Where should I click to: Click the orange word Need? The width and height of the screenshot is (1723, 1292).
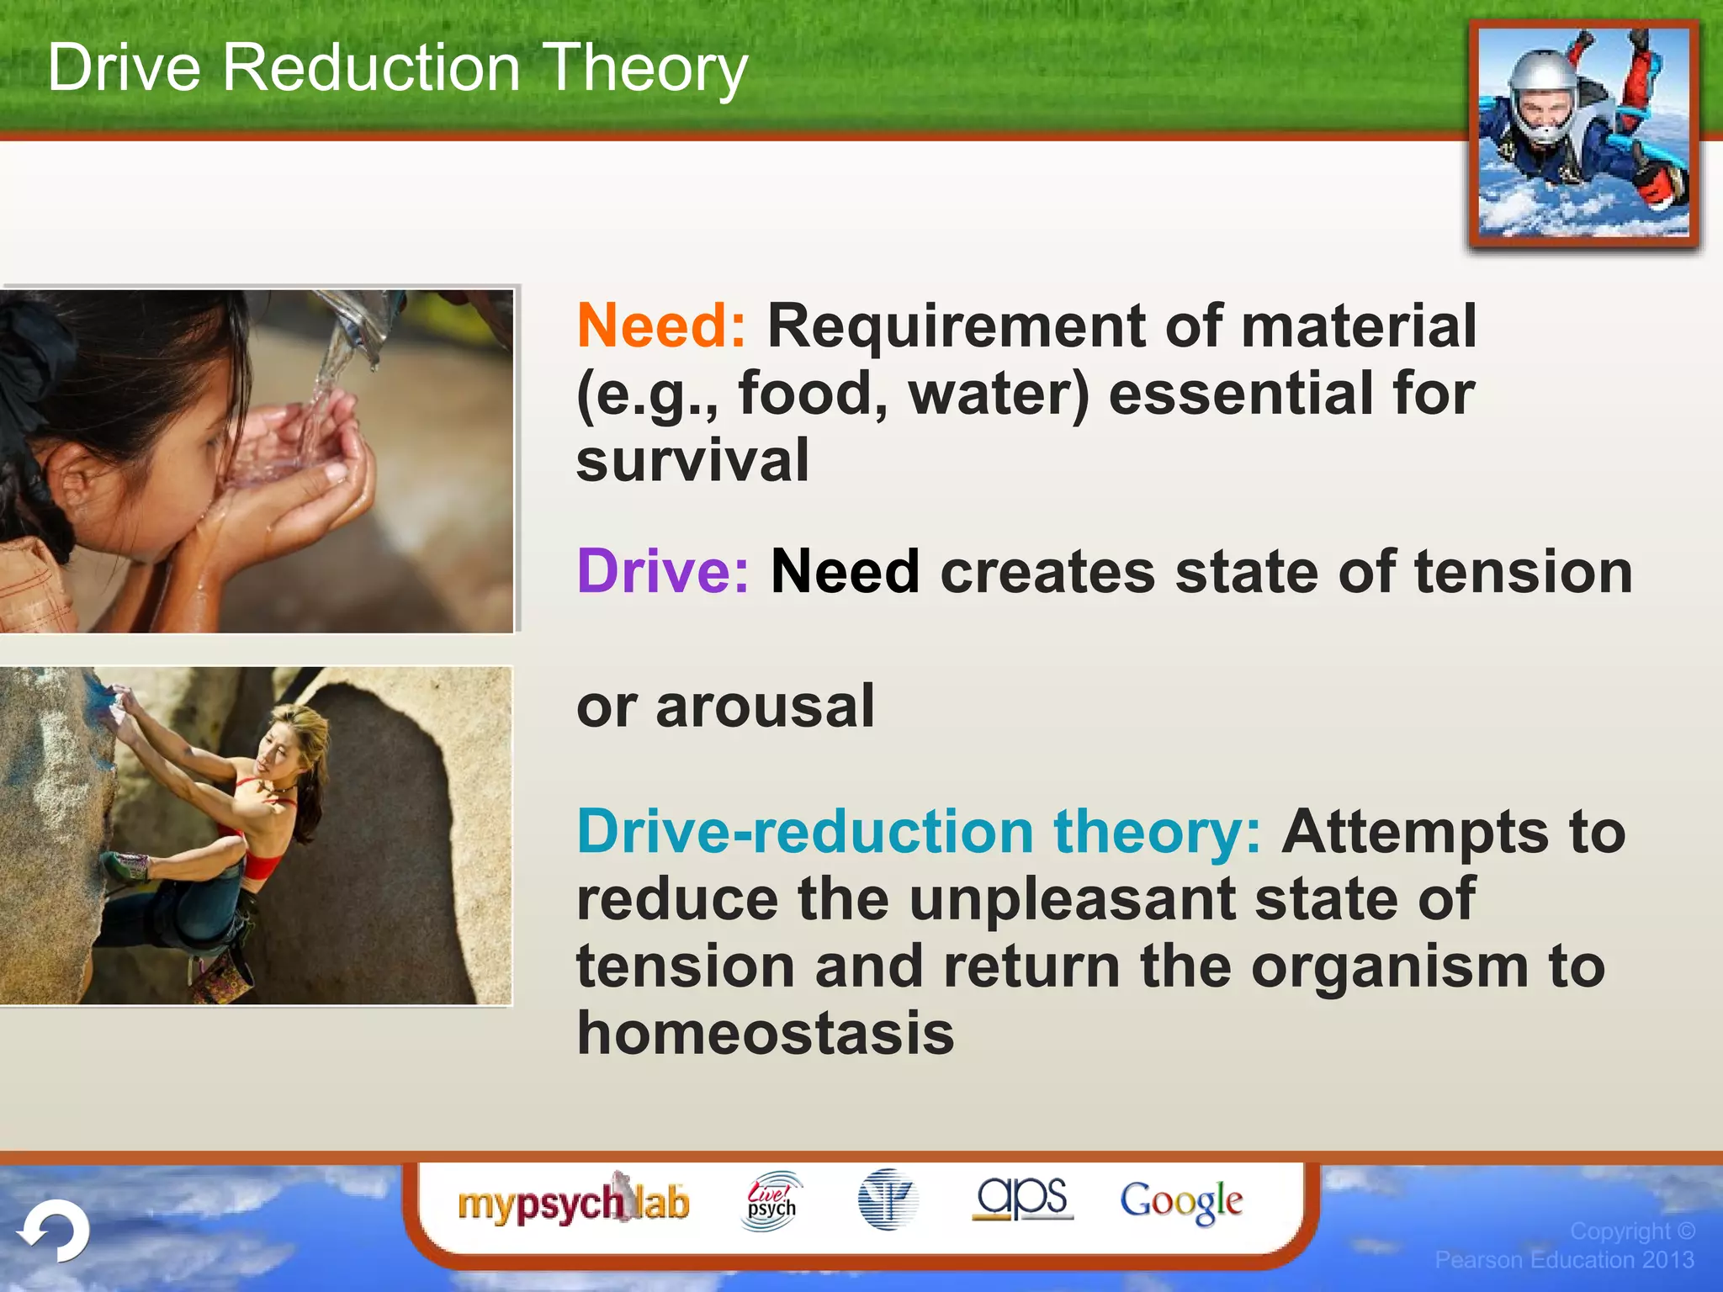coord(661,326)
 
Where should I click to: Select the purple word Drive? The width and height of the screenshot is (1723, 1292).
coord(662,572)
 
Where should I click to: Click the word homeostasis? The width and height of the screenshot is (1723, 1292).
coord(765,1034)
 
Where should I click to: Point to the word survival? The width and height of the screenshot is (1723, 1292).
coord(692,461)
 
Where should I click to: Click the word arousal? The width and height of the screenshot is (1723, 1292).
coord(765,707)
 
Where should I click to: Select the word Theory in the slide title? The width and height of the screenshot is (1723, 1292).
coord(644,69)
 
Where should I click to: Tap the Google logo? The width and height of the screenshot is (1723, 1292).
coord(1180,1201)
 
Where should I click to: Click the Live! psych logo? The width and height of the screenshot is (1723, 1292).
coord(771,1202)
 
